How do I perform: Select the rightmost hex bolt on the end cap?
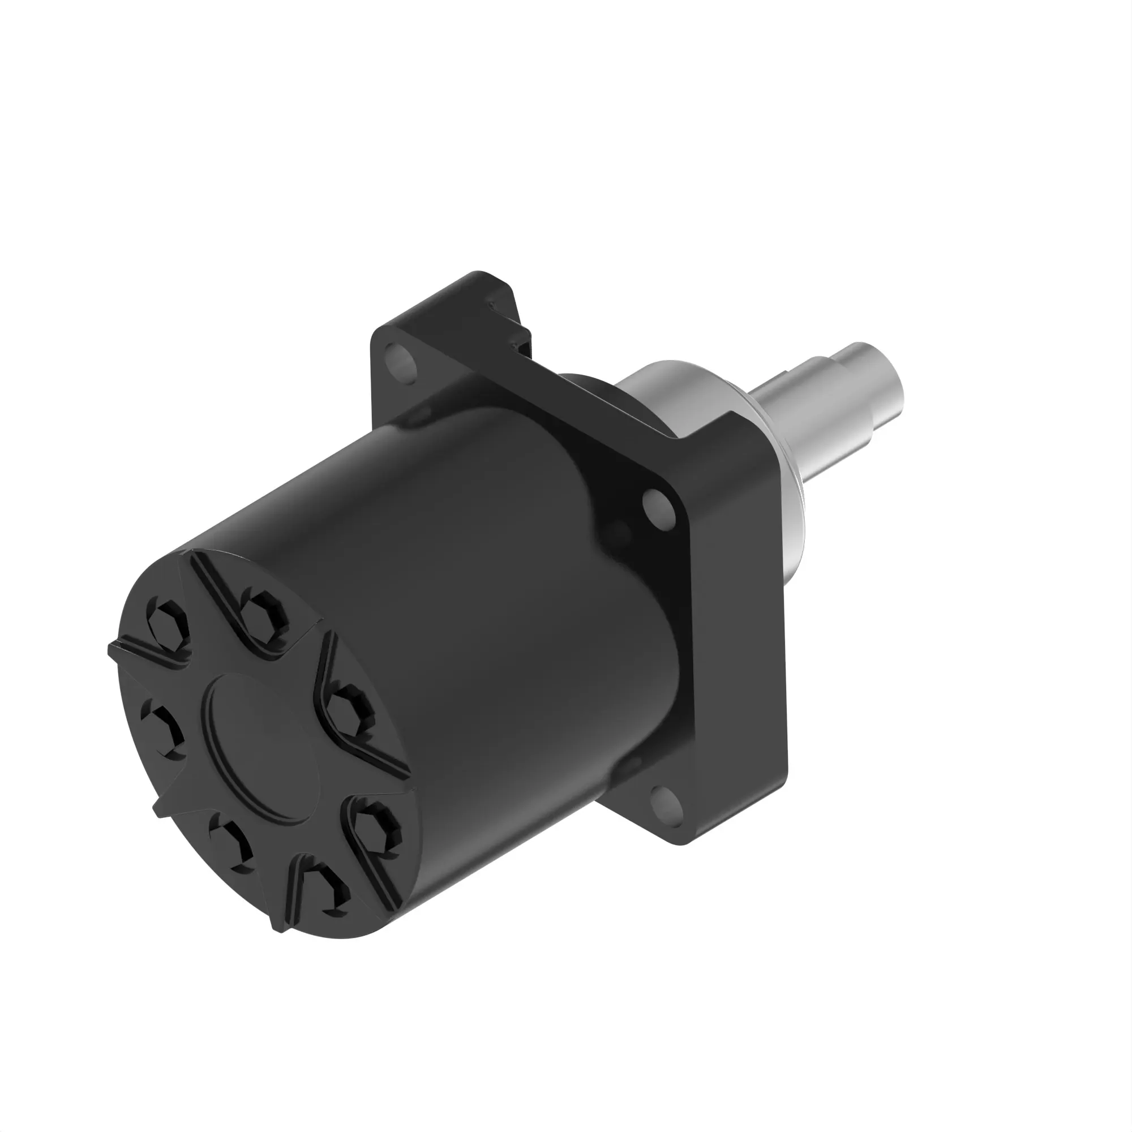(350, 711)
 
